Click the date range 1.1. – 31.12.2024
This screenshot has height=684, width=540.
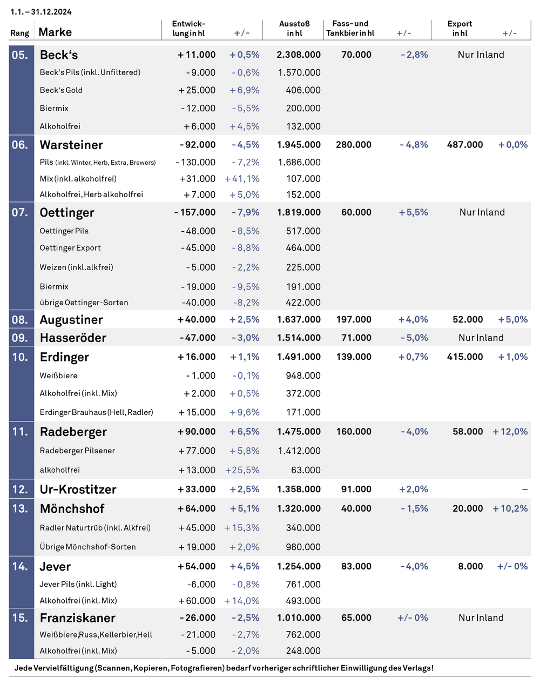41,12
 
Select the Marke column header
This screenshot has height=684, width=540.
55,32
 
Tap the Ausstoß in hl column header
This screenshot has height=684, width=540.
294,28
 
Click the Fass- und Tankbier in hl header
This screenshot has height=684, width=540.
350,28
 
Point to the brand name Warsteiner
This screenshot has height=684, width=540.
71,145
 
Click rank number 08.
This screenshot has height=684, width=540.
19,320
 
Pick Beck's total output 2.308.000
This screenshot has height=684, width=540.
299,55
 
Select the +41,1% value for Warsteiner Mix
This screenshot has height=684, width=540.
242,179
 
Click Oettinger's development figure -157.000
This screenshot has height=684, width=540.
195,212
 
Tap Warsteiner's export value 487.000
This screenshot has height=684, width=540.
465,145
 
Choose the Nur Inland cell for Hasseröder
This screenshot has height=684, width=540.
481,338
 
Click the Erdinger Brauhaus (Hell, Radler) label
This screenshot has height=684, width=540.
97,412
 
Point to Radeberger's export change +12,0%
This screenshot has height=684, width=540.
510,432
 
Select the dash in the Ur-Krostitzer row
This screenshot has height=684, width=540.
525,489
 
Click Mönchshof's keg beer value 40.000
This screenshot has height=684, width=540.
356,508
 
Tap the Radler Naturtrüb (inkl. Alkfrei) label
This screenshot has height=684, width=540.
95,528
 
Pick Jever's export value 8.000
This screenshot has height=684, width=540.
470,566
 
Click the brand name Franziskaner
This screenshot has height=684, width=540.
78,618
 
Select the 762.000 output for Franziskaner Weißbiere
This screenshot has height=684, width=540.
303,635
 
